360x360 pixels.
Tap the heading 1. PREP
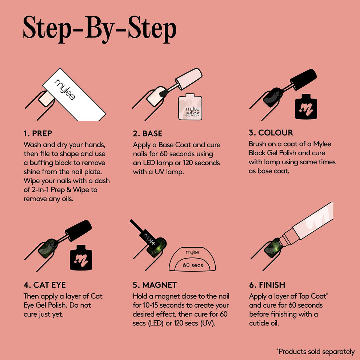click(38, 133)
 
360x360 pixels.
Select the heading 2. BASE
click(148, 133)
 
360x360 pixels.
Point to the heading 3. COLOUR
click(271, 132)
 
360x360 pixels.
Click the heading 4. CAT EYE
click(44, 285)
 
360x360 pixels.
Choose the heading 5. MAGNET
click(155, 285)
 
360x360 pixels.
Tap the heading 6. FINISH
click(267, 285)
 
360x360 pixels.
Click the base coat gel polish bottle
click(190, 107)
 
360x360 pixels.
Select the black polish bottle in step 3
click(306, 107)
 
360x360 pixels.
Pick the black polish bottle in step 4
click(81, 257)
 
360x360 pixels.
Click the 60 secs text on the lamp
click(193, 265)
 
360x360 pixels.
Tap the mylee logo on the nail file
click(65, 89)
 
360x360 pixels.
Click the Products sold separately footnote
click(316, 352)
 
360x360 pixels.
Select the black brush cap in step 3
click(303, 79)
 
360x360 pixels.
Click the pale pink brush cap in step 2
click(188, 79)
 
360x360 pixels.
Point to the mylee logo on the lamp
click(192, 252)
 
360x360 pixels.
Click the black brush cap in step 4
click(78, 231)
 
